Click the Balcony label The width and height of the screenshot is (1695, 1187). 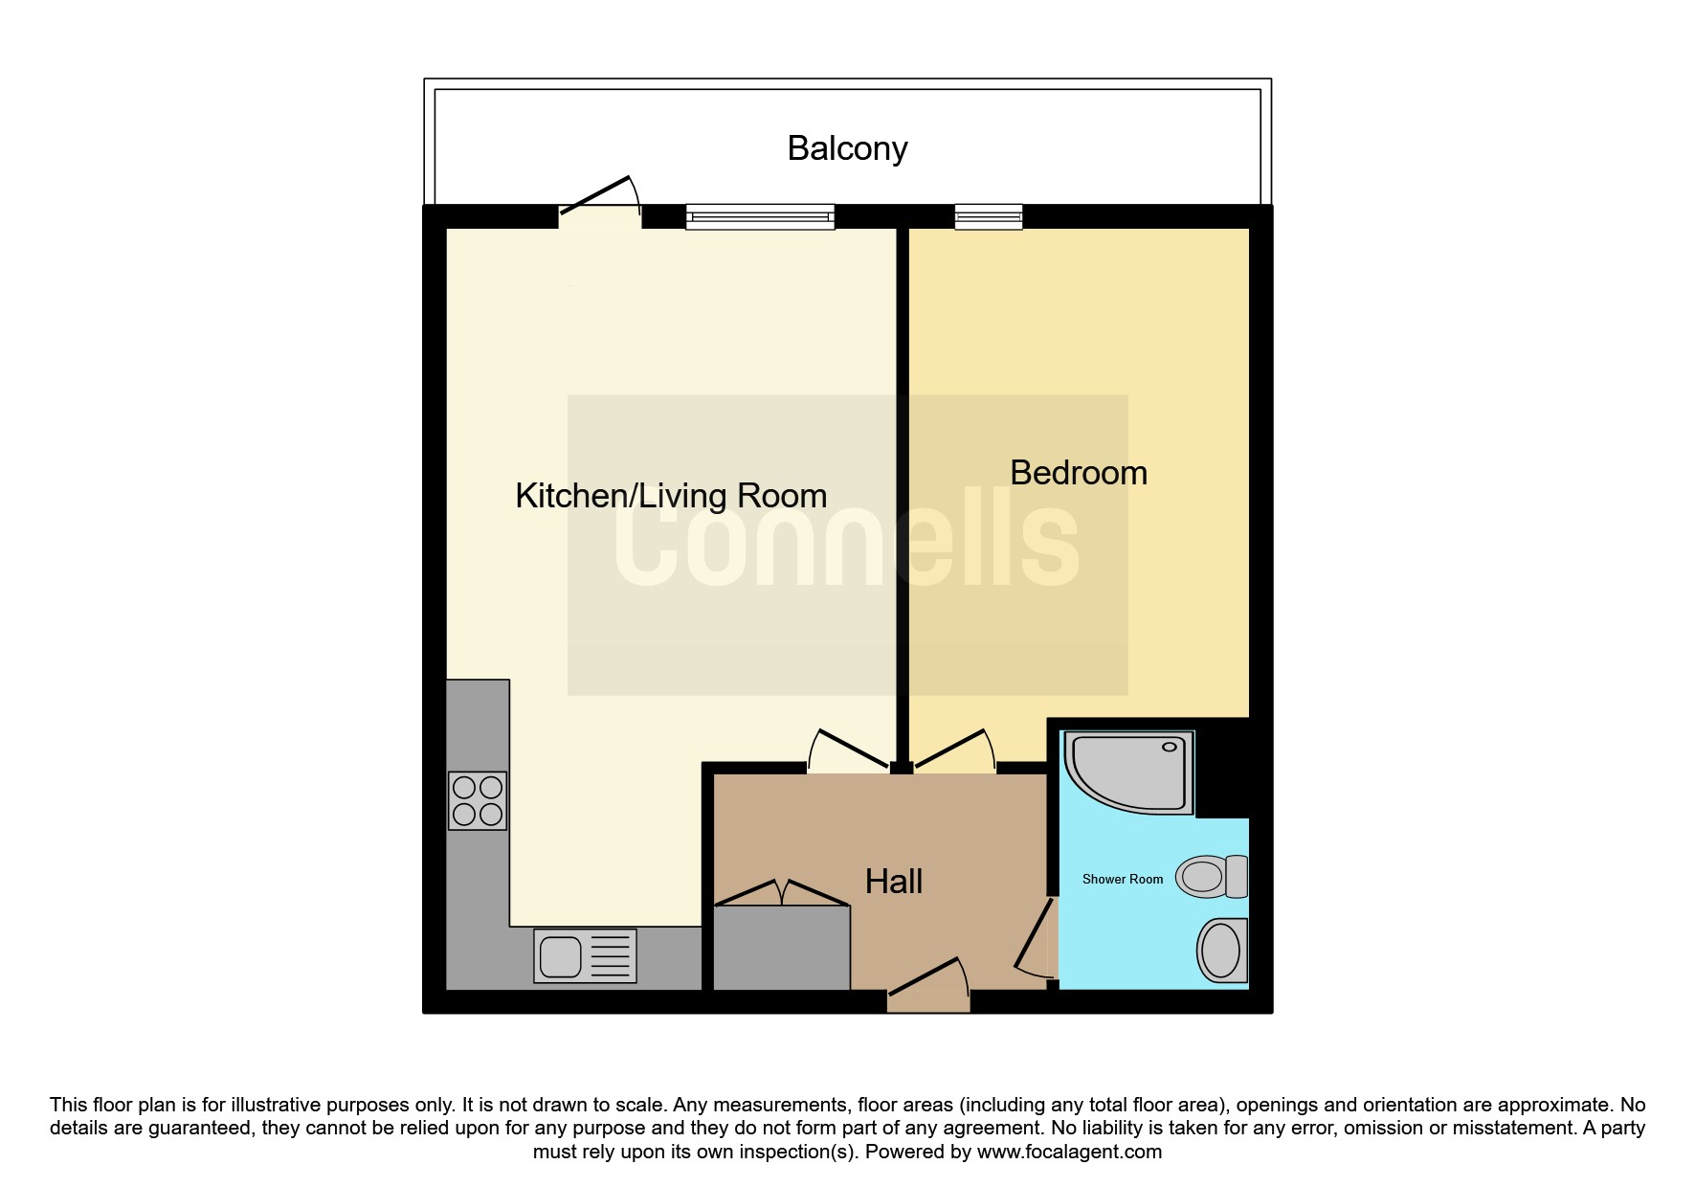point(847,148)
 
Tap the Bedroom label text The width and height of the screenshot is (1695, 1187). point(1079,473)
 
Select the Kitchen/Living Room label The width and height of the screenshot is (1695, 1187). point(671,496)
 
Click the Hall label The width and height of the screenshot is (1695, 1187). point(894,881)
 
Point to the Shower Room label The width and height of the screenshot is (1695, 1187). point(1123,879)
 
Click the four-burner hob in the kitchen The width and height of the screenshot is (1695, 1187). point(478,801)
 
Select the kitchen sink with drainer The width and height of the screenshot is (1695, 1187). point(585,955)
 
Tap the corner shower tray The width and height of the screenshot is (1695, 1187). point(1129,773)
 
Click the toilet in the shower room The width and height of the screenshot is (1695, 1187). point(1212,876)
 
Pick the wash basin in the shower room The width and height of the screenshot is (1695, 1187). point(1222,951)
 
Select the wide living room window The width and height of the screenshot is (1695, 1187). point(760,217)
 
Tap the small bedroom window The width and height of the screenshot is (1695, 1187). point(989,217)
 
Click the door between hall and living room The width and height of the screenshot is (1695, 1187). point(850,751)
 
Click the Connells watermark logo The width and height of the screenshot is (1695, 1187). point(847,544)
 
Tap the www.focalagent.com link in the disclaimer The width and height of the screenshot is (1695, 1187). point(1069,1152)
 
